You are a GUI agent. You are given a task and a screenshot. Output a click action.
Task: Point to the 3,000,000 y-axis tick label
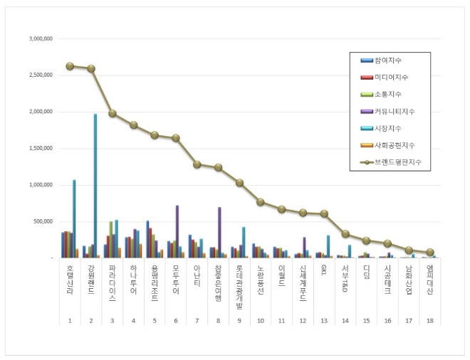pyautogui.click(x=40, y=38)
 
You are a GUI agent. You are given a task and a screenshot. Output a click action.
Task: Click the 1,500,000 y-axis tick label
pyautogui.click(x=40, y=148)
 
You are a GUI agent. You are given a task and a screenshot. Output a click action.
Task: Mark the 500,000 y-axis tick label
pyautogui.click(x=43, y=221)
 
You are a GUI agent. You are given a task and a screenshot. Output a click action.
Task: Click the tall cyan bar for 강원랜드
pyautogui.click(x=95, y=185)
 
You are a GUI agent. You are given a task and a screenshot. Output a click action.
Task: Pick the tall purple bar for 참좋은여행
pyautogui.click(x=219, y=232)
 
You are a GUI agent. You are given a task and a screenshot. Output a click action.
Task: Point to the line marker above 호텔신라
pyautogui.click(x=70, y=65)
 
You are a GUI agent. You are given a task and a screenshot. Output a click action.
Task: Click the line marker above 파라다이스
pyautogui.click(x=113, y=113)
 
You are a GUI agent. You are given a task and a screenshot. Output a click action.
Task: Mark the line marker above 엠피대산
pyautogui.click(x=430, y=252)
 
